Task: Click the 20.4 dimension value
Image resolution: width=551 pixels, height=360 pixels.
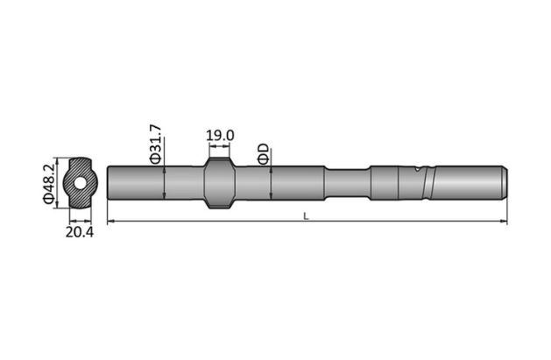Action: point(80,231)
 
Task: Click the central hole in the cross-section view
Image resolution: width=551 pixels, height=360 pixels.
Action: point(80,183)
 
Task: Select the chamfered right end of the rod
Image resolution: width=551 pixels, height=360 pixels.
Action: point(503,183)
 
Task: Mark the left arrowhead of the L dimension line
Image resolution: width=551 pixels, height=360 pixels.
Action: point(110,222)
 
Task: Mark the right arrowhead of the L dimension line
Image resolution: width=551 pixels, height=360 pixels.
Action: point(504,222)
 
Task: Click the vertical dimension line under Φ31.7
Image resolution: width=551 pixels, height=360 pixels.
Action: point(165,183)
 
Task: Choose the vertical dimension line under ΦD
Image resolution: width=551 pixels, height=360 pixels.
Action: point(272,183)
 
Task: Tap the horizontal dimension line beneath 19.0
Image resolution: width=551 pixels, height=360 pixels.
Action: point(219,147)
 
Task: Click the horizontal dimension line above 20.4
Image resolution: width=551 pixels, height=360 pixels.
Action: point(80,217)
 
